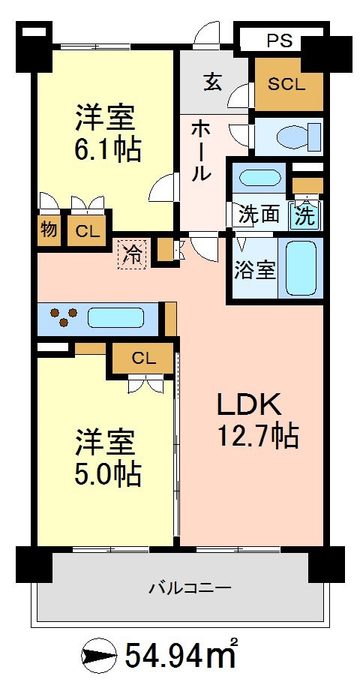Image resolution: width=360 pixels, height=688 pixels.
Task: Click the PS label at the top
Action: [x=279, y=41]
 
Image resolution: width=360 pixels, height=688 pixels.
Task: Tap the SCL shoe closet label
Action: [x=286, y=84]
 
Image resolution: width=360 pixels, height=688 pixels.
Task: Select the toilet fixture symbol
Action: [x=298, y=136]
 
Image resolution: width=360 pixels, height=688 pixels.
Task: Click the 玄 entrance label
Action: [x=213, y=82]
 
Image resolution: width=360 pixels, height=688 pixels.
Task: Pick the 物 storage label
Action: [x=49, y=229]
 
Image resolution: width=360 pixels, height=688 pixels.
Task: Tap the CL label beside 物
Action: [x=86, y=230]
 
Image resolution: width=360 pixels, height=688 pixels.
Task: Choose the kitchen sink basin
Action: [x=115, y=317]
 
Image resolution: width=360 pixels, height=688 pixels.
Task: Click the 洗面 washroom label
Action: [x=259, y=215]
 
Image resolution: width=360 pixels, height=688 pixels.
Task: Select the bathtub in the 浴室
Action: [x=301, y=269]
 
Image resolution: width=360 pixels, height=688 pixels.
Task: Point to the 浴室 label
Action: [x=255, y=270]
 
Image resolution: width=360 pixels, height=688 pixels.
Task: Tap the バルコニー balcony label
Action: [x=190, y=587]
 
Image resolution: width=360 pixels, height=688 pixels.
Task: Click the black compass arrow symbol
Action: [x=100, y=656]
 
